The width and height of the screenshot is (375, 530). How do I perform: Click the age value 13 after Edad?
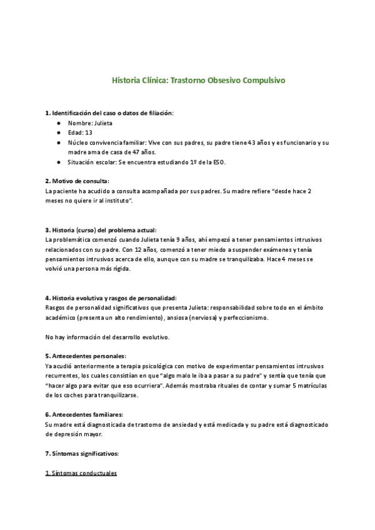(x=88, y=133)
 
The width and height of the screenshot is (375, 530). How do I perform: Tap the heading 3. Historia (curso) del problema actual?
(x=101, y=230)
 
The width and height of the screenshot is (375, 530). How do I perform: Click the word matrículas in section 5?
(x=314, y=386)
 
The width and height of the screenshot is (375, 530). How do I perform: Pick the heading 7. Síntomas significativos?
(x=82, y=453)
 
